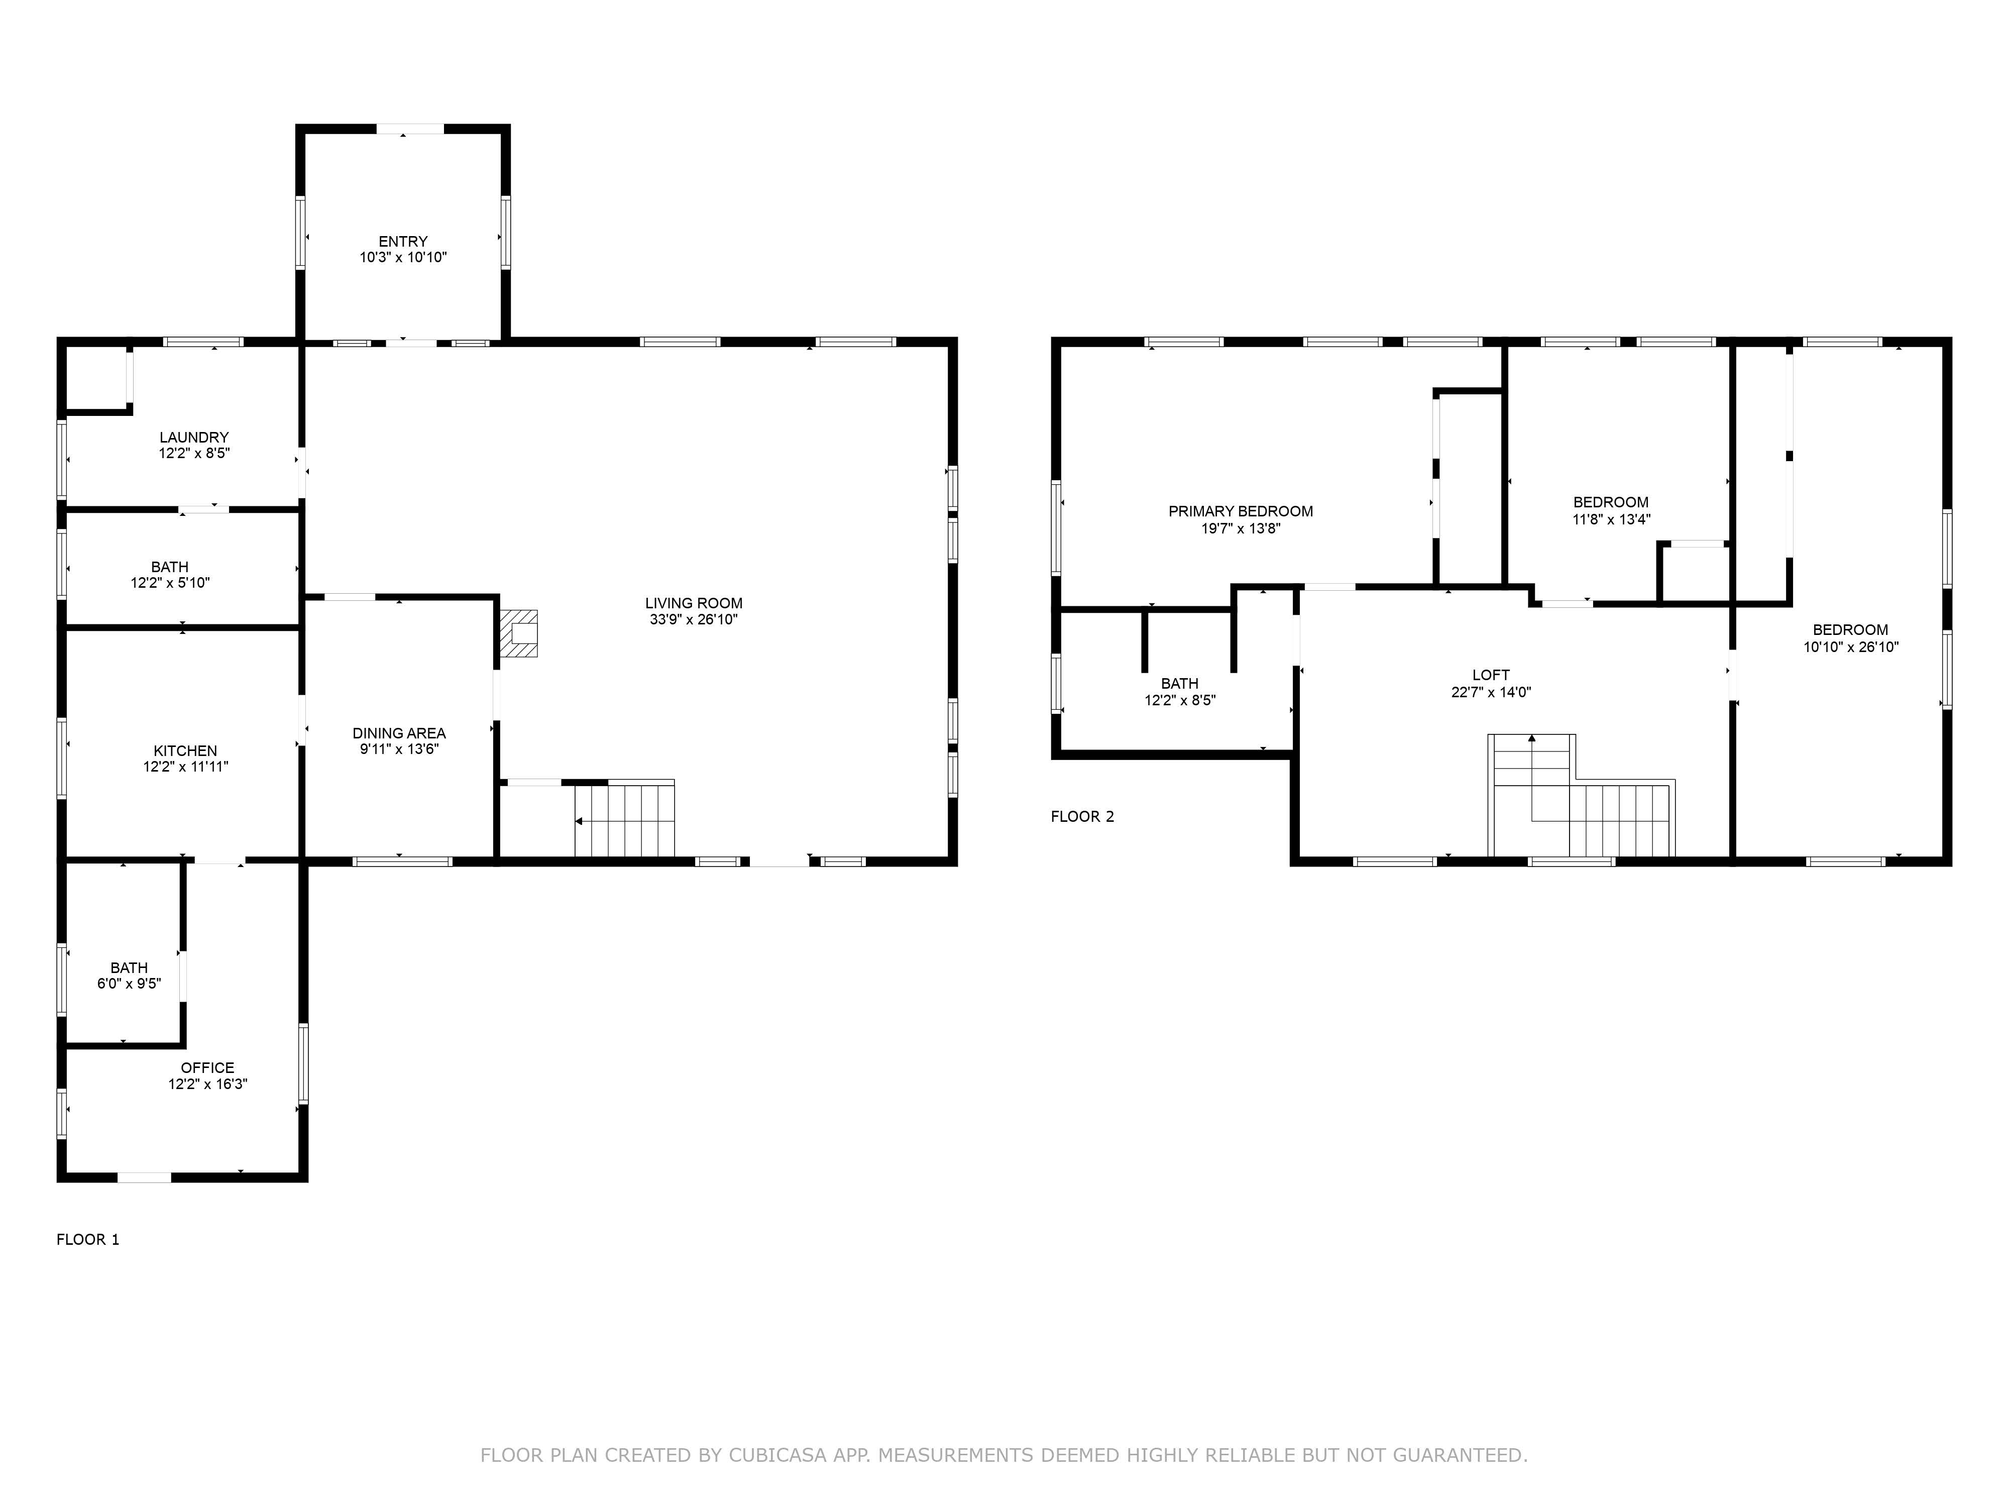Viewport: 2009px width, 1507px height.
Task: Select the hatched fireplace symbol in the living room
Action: coord(519,633)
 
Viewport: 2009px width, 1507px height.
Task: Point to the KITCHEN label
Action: coord(185,750)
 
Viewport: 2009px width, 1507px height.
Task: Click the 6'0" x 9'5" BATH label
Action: coord(129,967)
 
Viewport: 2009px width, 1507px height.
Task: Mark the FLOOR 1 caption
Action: coord(88,1239)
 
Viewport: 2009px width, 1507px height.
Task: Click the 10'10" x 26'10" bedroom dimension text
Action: coord(1850,647)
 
